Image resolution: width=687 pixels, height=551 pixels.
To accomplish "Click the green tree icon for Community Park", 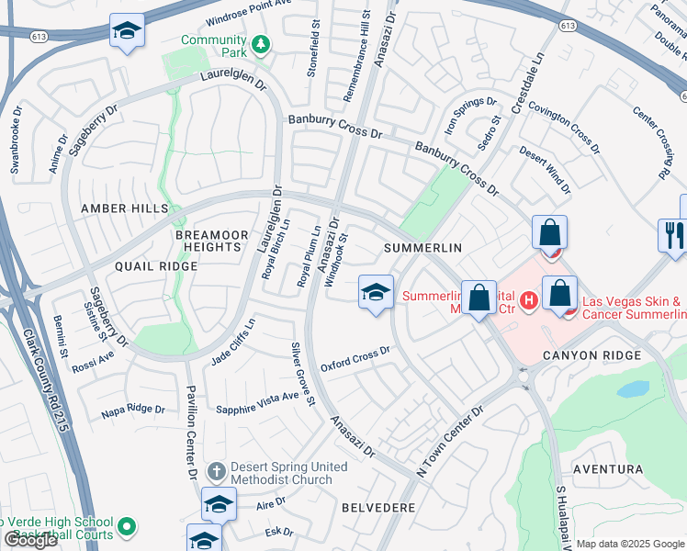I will click(x=261, y=44).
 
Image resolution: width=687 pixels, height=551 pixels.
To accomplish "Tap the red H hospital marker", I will click(x=528, y=300).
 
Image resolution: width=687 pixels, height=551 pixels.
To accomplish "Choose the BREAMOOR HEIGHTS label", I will click(x=212, y=242).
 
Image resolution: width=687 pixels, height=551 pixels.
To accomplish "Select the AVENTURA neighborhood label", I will click(x=608, y=469).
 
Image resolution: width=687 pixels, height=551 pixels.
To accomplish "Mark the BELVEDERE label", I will click(x=378, y=507).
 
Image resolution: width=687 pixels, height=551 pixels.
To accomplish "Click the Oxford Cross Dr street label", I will click(x=355, y=359).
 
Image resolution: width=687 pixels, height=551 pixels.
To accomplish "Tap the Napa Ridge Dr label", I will click(x=133, y=410).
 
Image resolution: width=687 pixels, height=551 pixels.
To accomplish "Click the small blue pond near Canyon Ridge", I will click(x=633, y=388).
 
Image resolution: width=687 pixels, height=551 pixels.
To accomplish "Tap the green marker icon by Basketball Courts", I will click(x=128, y=527).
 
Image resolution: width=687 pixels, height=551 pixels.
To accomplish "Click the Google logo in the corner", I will click(x=30, y=540).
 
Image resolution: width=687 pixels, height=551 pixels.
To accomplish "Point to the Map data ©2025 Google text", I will click(x=630, y=544).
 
